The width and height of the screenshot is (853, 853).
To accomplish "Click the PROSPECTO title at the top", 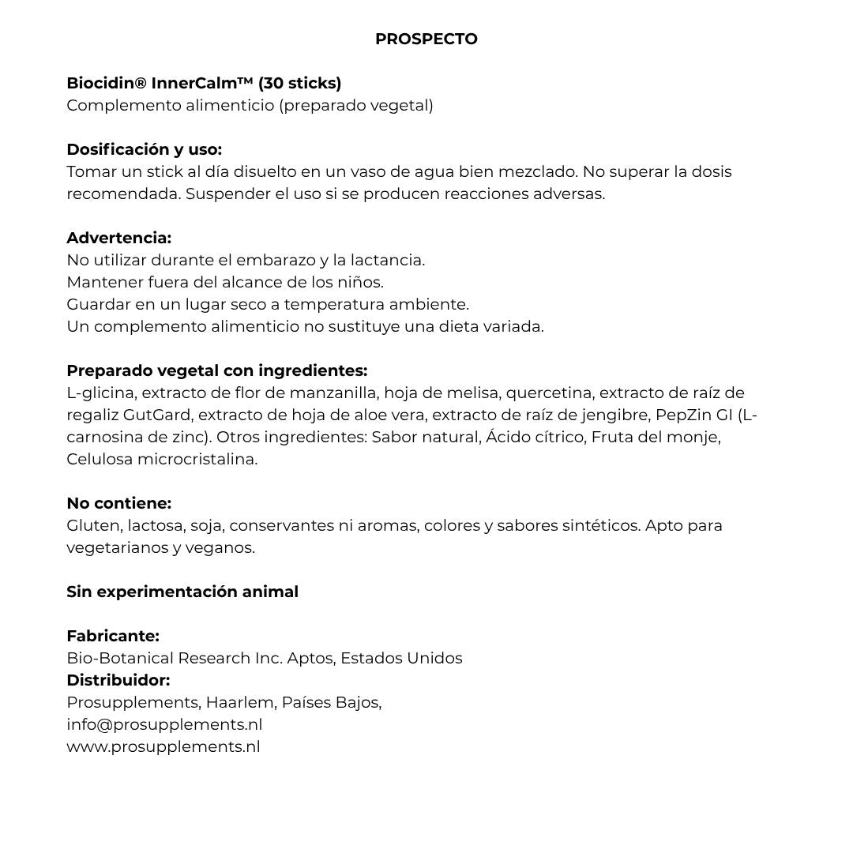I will tap(426, 39).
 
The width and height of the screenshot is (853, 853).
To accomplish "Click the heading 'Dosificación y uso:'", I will tap(144, 149).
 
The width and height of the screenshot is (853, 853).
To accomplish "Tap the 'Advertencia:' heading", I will tap(118, 238).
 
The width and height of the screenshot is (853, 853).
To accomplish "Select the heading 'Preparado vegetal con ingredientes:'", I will tap(216, 370).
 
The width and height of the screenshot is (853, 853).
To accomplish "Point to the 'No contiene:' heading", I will tap(118, 503).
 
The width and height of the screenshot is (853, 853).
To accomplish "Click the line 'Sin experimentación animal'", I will tap(182, 592).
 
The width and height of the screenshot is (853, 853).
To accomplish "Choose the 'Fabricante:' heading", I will tap(113, 636).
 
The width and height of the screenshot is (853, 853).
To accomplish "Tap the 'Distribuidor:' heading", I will tap(118, 680).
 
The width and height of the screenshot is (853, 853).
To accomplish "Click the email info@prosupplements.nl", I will tap(164, 724).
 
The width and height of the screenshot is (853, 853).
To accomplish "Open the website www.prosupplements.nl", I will tap(163, 746).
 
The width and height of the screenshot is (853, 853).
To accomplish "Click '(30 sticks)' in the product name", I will tap(299, 83).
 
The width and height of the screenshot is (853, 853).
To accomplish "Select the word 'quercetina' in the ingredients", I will tap(549, 393).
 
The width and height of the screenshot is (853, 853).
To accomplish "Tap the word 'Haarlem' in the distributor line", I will tap(239, 702).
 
